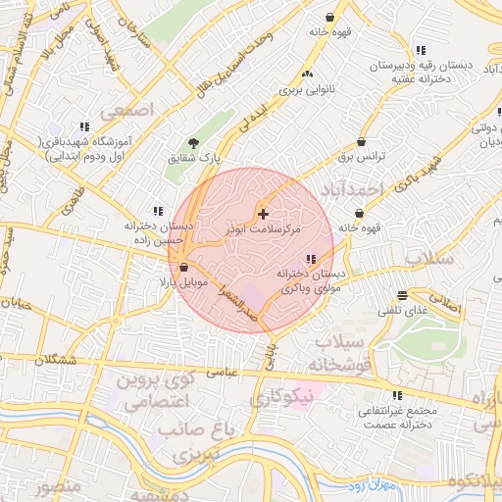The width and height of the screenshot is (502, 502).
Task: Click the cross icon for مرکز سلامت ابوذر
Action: pyautogui.click(x=263, y=213)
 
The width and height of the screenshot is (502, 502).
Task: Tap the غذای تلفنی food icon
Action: pyautogui.click(x=402, y=295)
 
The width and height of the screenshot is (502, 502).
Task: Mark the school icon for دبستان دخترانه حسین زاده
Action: pyautogui.click(x=156, y=210)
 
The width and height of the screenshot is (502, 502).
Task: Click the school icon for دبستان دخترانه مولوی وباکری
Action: pyautogui.click(x=311, y=259)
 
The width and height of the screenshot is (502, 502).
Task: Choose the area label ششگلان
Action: pyautogui.click(x=54, y=360)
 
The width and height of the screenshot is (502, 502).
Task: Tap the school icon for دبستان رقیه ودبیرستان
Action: pyautogui.click(x=421, y=50)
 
